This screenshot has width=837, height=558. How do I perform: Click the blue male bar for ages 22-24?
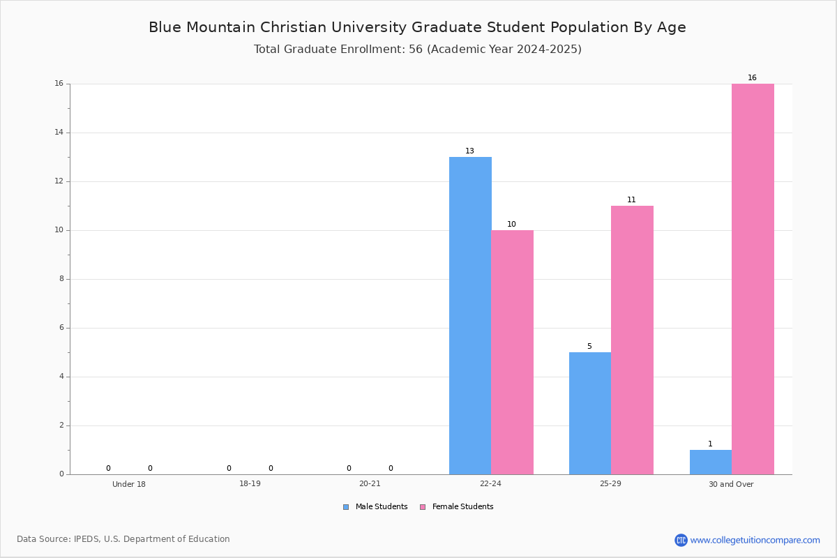pos(470,316)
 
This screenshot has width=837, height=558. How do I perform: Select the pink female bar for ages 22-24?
pos(512,352)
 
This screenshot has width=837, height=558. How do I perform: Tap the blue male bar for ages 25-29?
pos(590,414)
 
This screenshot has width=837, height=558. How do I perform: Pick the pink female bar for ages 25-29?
pos(632,340)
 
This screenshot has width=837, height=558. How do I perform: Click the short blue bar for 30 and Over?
pos(711,462)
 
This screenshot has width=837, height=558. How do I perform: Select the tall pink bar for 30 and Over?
pos(753,279)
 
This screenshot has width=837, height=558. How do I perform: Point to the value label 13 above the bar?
pos(469,151)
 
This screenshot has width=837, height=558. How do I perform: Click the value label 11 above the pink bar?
pos(631,200)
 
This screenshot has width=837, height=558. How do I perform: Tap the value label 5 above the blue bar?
pos(589,347)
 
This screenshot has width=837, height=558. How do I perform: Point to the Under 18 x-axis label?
pos(129,484)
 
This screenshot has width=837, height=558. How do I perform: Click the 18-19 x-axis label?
pos(250,483)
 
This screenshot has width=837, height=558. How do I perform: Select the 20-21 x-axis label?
pos(370,483)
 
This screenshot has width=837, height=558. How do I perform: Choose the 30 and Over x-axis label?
pos(731,484)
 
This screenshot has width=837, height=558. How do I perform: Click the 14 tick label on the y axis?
pos(59,133)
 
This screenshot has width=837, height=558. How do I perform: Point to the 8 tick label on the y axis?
pos(61,279)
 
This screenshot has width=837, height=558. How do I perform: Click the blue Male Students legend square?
pos(346,507)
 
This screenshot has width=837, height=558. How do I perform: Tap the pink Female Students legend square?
pos(423,507)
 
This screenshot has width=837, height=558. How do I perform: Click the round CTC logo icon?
pos(681,540)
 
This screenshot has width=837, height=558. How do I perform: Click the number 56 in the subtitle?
pos(416,50)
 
